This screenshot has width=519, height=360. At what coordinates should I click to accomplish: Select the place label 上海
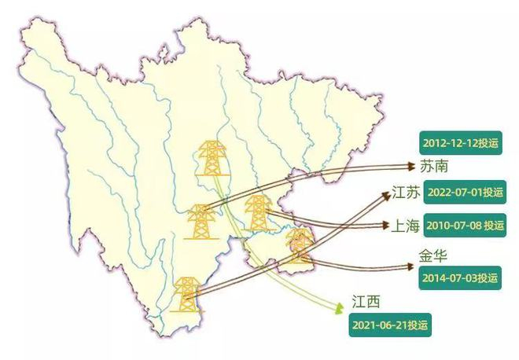(x=406, y=226)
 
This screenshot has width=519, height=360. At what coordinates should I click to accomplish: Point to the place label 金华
(x=432, y=256)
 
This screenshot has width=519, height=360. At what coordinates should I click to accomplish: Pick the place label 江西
(x=366, y=302)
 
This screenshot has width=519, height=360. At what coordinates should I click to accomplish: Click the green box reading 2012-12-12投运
(x=460, y=143)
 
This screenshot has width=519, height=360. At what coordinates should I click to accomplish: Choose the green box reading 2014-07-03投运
(x=460, y=277)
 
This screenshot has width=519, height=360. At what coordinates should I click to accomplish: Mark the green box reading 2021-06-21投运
(x=390, y=325)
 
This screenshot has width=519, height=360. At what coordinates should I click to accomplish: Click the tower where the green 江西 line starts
(x=211, y=160)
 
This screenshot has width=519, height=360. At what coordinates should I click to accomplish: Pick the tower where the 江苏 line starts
(x=186, y=295)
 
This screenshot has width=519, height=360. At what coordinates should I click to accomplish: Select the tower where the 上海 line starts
(x=256, y=213)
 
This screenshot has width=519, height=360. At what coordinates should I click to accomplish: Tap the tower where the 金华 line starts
(x=299, y=245)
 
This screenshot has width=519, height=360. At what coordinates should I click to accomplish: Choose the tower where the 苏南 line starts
(x=200, y=221)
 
